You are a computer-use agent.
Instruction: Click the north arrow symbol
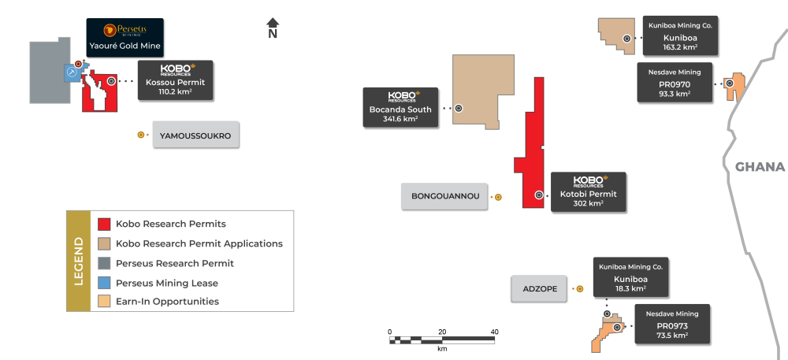click(273, 28)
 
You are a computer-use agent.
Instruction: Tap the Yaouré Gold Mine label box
click(125, 38)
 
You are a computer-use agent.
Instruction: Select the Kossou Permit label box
click(176, 80)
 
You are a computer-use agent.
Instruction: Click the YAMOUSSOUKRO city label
click(195, 135)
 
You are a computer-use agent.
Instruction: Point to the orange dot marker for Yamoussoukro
click(141, 135)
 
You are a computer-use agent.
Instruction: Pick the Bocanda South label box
click(400, 107)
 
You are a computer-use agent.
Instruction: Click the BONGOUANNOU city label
click(444, 196)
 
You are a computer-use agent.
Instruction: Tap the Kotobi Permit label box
click(589, 192)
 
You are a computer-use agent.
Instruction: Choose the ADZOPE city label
click(538, 288)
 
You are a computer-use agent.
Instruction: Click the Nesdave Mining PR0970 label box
click(675, 83)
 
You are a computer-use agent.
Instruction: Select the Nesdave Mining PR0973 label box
click(672, 324)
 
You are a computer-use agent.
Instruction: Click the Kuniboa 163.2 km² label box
click(681, 35)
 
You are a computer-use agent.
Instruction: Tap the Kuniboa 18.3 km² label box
click(630, 277)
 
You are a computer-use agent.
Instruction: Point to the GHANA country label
click(760, 167)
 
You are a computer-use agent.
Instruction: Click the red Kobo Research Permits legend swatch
click(104, 224)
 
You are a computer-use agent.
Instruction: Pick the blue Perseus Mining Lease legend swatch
click(104, 283)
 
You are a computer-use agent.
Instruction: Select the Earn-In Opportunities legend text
click(167, 301)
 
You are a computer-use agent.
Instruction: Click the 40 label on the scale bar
click(495, 332)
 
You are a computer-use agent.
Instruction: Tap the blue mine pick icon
click(72, 72)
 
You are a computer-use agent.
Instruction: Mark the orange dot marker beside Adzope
click(579, 288)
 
